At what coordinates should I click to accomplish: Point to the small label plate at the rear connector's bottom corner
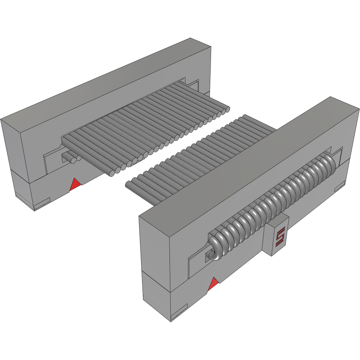click(x=42, y=205)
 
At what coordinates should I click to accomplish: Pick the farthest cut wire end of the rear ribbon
click(x=227, y=109)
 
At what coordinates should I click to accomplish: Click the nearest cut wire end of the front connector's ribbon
click(x=129, y=185)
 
